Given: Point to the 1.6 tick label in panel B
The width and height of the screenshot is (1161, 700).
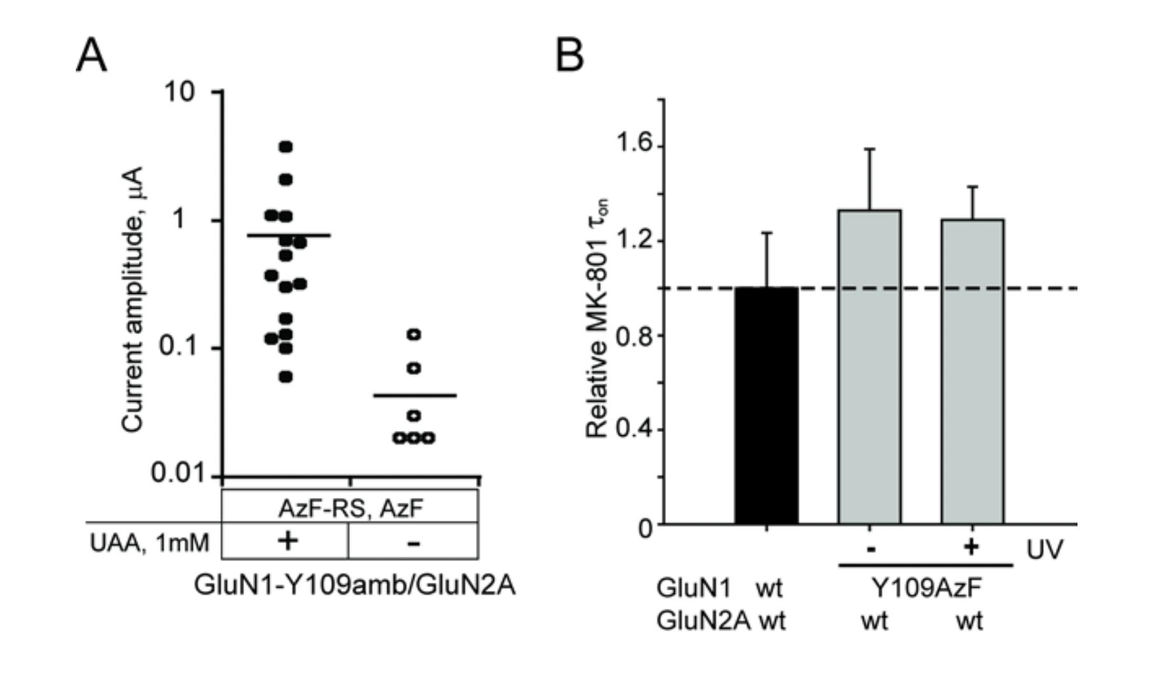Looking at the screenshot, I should (635, 143).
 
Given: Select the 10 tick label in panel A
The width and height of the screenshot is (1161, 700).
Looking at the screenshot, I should (179, 92).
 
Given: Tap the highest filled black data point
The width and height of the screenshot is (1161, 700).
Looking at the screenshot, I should (285, 147).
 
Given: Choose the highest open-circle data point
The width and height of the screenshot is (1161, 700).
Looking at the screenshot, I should (414, 334).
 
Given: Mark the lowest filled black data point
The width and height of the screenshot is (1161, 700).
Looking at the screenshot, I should (285, 377).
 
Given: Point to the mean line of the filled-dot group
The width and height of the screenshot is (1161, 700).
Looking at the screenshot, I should (289, 235).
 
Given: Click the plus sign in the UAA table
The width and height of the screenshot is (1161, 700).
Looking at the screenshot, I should (287, 541).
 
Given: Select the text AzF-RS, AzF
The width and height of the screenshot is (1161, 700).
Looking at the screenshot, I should (350, 509).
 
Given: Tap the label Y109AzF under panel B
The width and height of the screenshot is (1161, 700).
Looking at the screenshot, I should (926, 588).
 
